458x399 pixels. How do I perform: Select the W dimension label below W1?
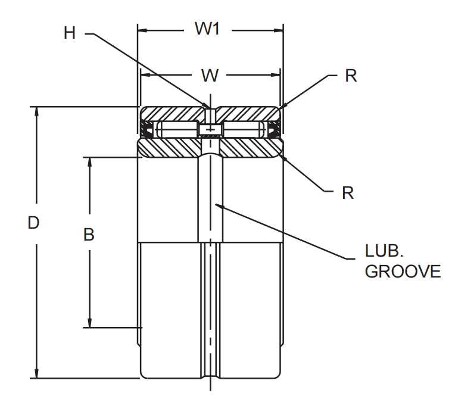(210, 75)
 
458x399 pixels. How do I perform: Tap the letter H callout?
(70, 33)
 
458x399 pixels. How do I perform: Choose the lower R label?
(348, 192)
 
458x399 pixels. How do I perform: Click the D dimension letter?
(34, 223)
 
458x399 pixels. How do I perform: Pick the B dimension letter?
(89, 235)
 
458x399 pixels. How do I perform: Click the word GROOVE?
(403, 272)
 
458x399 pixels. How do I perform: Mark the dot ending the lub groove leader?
(218, 206)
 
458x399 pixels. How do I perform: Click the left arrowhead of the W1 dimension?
(142, 28)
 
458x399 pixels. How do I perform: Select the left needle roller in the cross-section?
(177, 129)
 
